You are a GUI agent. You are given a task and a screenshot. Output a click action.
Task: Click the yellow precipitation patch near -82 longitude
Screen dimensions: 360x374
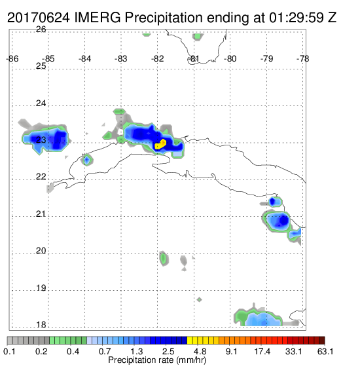pos(160,144)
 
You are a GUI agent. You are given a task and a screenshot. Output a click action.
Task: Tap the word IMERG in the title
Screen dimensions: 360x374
pos(98,18)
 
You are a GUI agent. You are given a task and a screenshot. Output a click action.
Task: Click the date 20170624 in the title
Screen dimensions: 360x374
pos(39,18)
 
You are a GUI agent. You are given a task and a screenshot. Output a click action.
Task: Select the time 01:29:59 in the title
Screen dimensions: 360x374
pos(297,18)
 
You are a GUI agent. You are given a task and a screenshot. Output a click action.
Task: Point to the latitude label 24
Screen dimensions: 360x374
pos(41,103)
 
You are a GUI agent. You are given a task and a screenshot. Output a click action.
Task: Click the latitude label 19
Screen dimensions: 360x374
pos(41,288)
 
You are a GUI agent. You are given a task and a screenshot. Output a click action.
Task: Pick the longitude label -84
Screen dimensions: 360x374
pos(85,59)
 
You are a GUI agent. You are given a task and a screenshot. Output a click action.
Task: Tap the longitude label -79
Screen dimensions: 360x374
pos(266,59)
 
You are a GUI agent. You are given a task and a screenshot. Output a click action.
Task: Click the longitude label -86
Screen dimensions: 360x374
pos(12,59)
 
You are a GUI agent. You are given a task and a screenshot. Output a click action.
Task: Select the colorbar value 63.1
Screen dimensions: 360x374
pos(325,351)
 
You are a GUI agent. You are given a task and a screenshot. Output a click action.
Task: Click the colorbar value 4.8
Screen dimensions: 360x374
pos(200,351)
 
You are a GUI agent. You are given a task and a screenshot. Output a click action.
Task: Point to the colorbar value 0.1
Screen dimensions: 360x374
pos(9,351)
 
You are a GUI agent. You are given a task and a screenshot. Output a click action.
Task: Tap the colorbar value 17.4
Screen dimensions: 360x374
pos(262,351)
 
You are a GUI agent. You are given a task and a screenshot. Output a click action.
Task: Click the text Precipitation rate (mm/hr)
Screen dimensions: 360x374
pos(157,360)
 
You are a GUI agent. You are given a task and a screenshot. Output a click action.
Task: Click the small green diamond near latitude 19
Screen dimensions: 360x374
pos(200,299)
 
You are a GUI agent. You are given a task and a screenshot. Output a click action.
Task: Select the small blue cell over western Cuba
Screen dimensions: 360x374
pos(86,160)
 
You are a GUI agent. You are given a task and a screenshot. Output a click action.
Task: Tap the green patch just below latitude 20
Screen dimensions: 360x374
pos(164,258)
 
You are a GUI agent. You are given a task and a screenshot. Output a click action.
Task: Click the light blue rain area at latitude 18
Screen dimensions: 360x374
pos(263,320)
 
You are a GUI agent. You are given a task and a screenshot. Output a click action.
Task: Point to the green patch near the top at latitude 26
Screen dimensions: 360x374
pos(198,37)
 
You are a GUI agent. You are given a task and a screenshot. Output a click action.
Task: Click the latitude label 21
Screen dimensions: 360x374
pos(41,214)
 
